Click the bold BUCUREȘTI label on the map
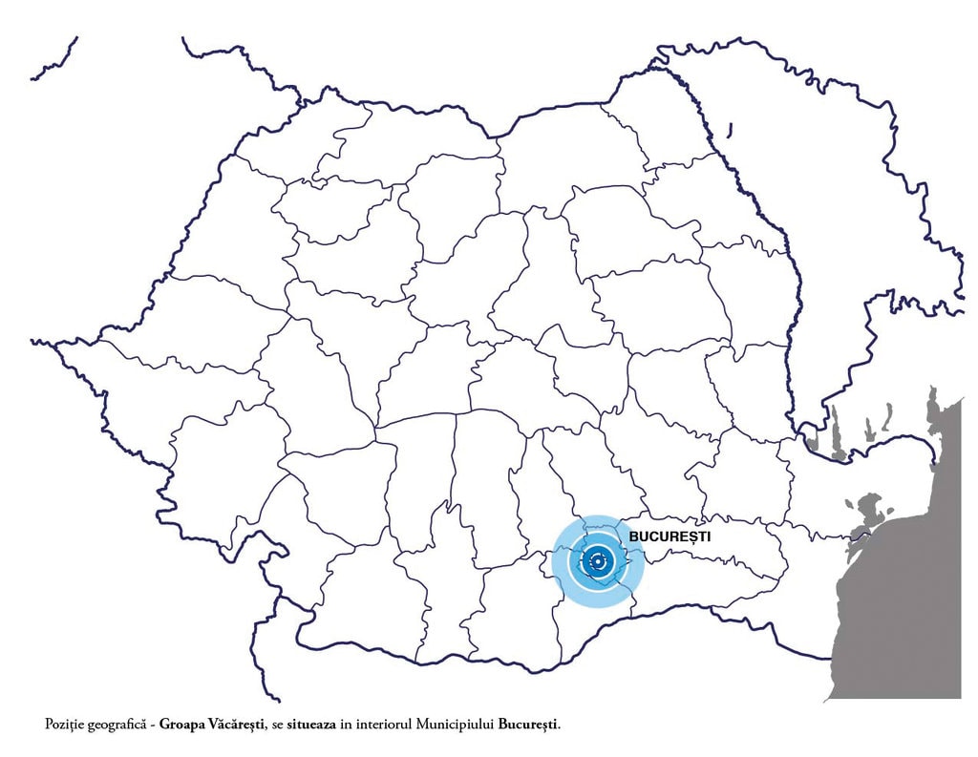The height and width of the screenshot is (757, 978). [670, 537]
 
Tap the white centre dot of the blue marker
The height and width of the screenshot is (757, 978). [598, 562]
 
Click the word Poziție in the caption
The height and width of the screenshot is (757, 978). [64, 725]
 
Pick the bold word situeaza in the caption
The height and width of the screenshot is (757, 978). [311, 725]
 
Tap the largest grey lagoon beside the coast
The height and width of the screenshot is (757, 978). [864, 511]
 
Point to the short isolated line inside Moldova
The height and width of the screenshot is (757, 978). [729, 129]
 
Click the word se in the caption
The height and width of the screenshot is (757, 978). [279, 725]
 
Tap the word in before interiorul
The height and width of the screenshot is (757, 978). [346, 725]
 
